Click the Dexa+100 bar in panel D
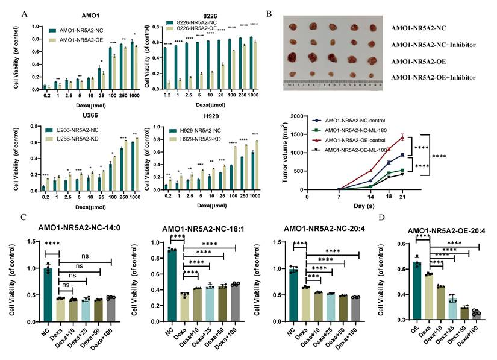coord(477,315)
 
